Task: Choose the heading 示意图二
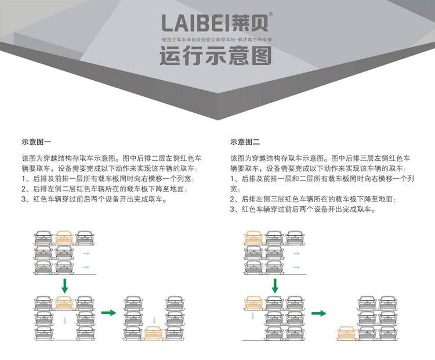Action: (245, 141)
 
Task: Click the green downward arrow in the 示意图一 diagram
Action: (64, 285)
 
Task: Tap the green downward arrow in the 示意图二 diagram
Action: (275, 285)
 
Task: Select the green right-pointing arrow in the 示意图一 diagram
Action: (108, 313)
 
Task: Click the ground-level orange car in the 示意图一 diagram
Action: (153, 333)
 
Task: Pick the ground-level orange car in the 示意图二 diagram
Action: (347, 333)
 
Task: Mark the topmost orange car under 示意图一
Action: (64, 237)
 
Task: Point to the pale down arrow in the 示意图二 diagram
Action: (253, 316)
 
